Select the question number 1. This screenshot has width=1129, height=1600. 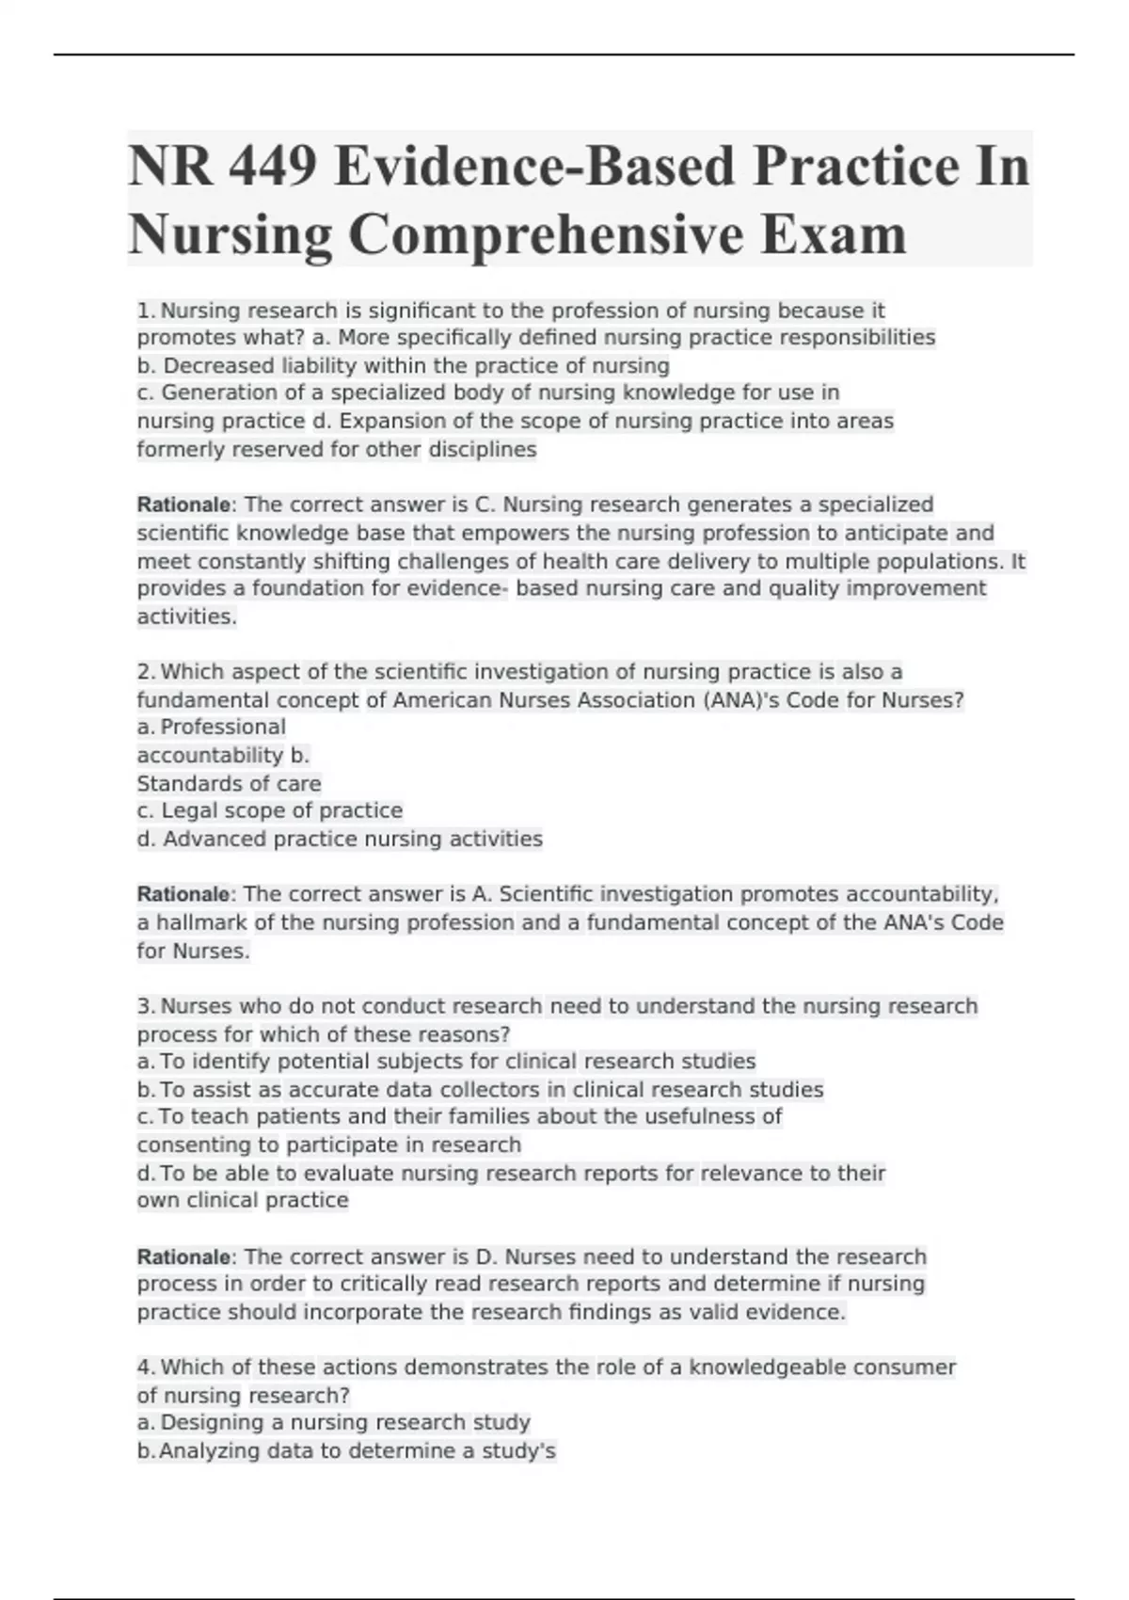tap(146, 311)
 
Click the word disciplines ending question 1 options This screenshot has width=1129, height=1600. tap(483, 449)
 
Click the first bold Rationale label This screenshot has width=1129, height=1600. tap(183, 504)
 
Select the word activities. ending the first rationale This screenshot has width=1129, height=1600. tap(186, 616)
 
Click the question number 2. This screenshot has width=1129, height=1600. tap(146, 672)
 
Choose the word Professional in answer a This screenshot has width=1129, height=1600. tap(223, 727)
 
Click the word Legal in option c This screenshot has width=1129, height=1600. tap(191, 810)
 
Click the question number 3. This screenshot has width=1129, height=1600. tap(146, 1006)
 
